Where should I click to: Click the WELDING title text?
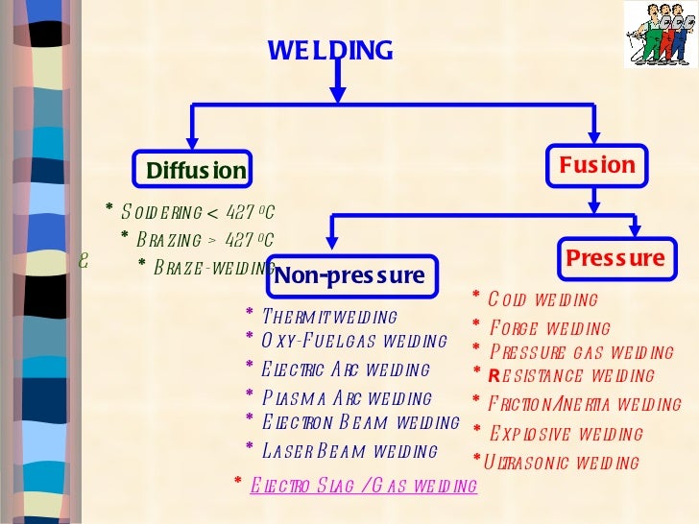click(329, 50)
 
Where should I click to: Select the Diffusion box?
click(195, 171)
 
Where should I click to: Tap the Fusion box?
click(596, 165)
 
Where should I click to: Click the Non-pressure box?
click(349, 276)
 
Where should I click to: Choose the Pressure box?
click(614, 258)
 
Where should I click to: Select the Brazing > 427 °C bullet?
click(203, 239)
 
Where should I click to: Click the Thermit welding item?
click(327, 317)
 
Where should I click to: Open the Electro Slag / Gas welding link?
click(362, 486)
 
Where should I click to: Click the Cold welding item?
click(542, 300)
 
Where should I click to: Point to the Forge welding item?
click(547, 329)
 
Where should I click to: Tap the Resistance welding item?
click(570, 376)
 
